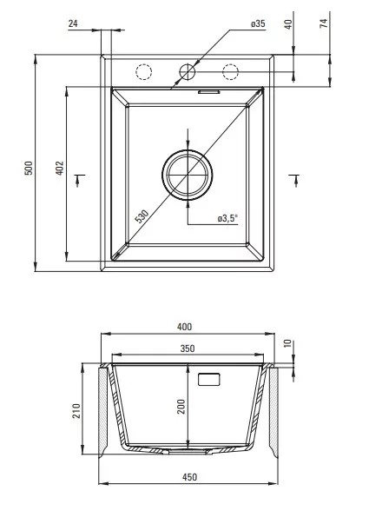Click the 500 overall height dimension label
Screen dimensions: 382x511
[29, 168]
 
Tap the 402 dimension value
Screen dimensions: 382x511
[60, 168]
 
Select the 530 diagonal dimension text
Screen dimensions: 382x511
[142, 216]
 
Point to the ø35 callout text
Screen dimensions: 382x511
[258, 23]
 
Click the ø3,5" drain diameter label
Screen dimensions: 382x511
[228, 218]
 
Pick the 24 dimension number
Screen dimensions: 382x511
[73, 23]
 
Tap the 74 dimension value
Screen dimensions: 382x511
[324, 23]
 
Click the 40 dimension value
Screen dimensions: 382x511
[289, 24]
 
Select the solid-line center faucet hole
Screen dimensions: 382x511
[188, 71]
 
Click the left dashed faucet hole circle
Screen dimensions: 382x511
[143, 71]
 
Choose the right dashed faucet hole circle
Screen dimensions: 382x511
[231, 71]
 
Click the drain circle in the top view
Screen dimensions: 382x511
[188, 175]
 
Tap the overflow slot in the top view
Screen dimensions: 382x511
[209, 92]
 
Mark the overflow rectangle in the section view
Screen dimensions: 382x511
[209, 379]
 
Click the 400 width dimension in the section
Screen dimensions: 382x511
[184, 327]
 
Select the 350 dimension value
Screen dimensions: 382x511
[188, 348]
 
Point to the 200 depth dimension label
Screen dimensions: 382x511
[181, 407]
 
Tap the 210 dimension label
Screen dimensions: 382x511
[76, 410]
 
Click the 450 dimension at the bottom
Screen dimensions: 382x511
[189, 477]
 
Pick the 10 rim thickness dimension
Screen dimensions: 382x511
[288, 343]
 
